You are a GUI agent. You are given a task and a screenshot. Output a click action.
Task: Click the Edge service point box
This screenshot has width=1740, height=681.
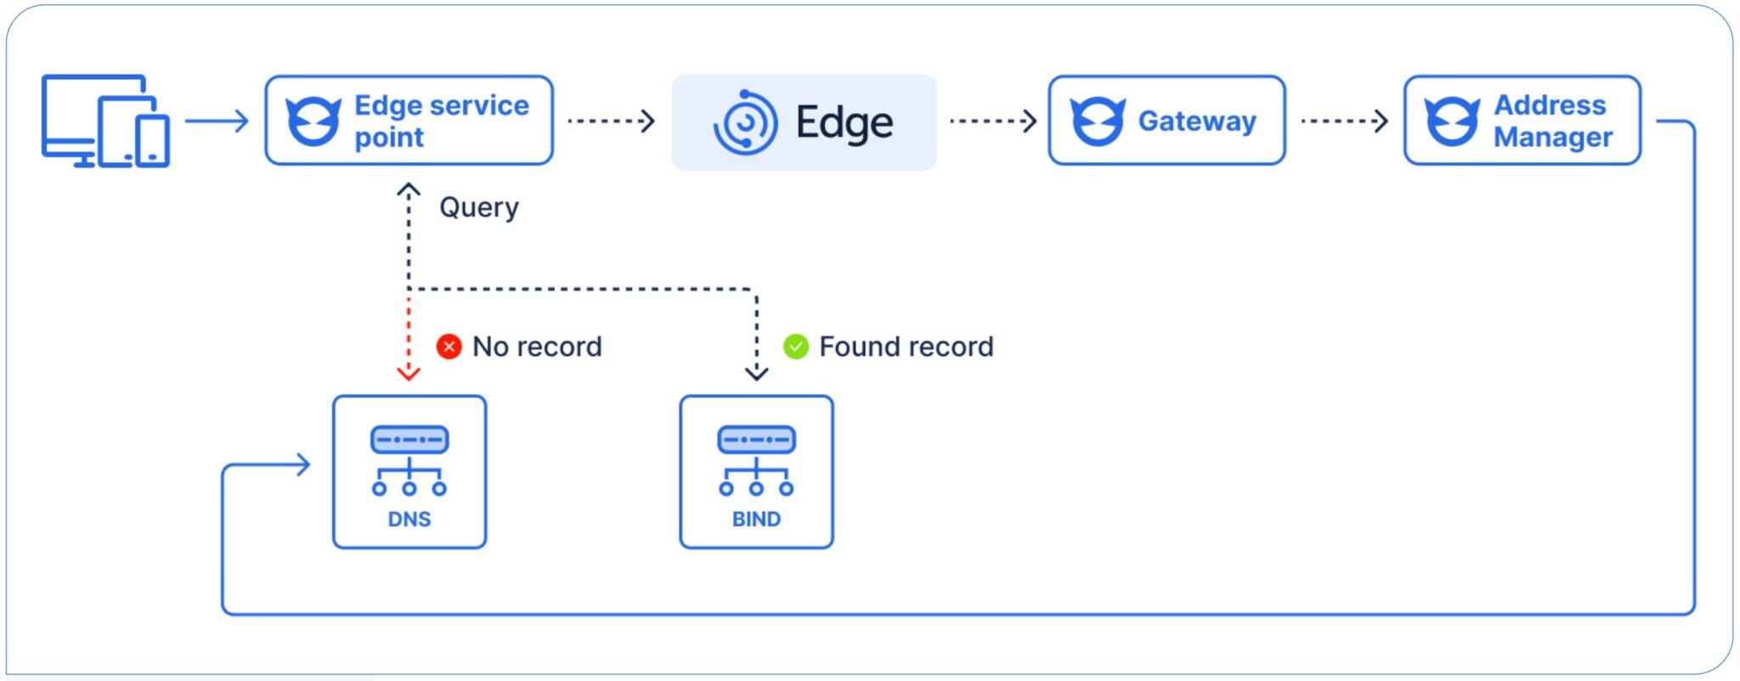click(409, 121)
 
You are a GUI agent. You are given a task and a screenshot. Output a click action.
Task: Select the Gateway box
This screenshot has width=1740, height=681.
click(1166, 121)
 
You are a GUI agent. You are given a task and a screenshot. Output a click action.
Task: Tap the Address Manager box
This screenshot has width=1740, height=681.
click(1522, 121)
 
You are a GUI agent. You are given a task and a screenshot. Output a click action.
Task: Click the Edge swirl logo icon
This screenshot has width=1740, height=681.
click(745, 123)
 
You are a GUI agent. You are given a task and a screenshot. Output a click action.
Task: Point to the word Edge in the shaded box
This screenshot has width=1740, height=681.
click(844, 123)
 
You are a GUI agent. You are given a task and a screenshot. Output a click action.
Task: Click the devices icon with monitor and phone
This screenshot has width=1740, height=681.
click(105, 121)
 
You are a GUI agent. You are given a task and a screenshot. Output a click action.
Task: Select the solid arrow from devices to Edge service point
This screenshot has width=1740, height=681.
click(217, 121)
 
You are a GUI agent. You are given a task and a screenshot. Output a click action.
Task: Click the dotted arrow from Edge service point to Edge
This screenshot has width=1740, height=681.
click(611, 121)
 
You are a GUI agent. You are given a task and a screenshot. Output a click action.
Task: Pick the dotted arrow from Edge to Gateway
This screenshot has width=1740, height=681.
click(993, 121)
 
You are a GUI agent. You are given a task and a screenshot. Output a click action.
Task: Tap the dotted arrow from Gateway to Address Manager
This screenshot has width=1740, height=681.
click(1344, 121)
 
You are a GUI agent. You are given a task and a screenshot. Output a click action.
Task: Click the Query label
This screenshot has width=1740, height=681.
click(478, 207)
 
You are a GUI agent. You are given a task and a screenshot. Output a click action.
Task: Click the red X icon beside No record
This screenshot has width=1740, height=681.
click(449, 346)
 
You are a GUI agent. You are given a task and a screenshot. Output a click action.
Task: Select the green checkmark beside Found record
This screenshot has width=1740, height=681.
click(796, 346)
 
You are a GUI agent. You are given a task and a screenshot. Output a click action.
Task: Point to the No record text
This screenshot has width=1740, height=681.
click(537, 346)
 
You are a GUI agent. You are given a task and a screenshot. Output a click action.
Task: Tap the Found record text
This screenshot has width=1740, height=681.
click(906, 346)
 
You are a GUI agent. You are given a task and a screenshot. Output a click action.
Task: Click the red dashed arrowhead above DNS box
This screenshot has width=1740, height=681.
click(409, 373)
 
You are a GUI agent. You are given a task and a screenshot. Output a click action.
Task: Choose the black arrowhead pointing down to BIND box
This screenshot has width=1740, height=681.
click(756, 373)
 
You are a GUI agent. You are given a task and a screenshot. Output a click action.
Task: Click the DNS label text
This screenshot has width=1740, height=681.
click(409, 519)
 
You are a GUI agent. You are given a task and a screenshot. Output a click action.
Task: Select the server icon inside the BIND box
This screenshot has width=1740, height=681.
click(756, 461)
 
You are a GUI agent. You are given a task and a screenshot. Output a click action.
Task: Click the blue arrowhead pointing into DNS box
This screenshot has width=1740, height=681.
click(302, 464)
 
